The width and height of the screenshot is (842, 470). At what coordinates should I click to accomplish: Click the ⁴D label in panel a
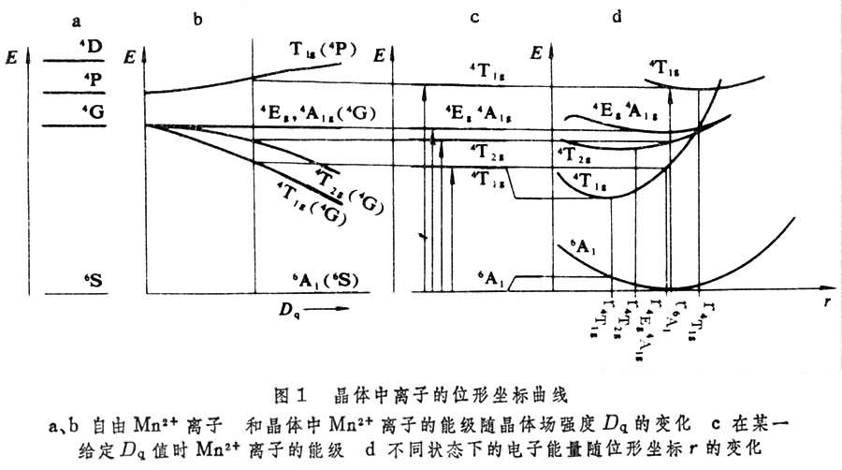tap(91, 44)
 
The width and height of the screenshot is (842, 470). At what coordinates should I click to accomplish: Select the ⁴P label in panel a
tap(91, 79)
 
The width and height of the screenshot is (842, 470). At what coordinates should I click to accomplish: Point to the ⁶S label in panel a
tap(91, 279)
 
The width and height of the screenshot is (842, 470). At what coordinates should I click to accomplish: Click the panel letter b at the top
tap(197, 18)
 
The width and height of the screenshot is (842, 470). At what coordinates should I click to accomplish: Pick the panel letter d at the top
tap(615, 18)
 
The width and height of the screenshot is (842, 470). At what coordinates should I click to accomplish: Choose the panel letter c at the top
tap(475, 18)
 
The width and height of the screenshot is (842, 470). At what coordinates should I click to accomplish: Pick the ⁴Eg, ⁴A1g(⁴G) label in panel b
tap(318, 114)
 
